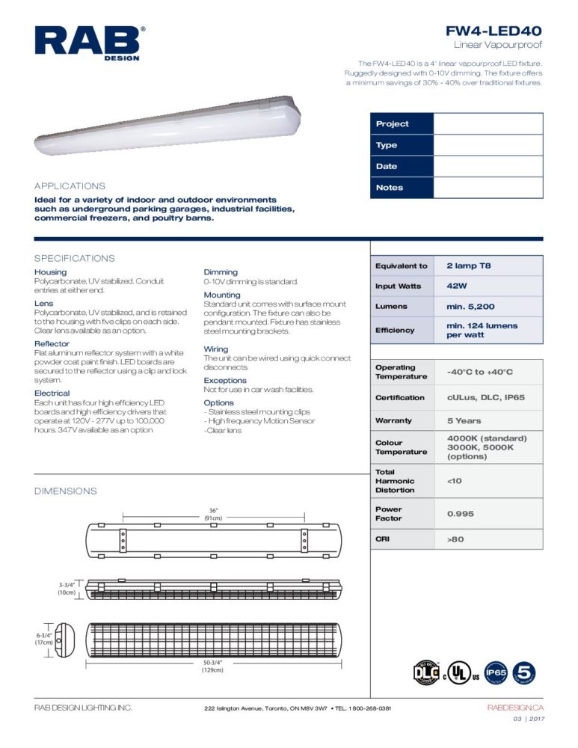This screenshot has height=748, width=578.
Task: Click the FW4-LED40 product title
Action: (x=494, y=31)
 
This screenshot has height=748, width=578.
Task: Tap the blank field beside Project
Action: (x=488, y=124)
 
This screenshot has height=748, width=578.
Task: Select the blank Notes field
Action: (x=488, y=188)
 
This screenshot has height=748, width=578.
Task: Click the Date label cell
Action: (x=402, y=166)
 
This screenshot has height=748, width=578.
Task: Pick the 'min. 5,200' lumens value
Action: (x=470, y=307)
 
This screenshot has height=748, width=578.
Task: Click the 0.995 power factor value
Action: (x=460, y=514)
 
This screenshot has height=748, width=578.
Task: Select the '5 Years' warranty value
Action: (x=464, y=421)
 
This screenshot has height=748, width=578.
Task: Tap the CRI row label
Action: (x=383, y=539)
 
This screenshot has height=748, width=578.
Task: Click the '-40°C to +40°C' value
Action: (x=479, y=372)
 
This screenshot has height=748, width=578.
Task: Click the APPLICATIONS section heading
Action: (x=70, y=186)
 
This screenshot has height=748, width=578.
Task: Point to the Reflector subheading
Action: (x=52, y=344)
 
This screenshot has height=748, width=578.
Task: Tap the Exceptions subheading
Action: (x=225, y=381)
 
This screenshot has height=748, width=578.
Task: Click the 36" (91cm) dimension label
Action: (x=214, y=514)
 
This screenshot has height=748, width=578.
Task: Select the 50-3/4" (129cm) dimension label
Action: (x=214, y=666)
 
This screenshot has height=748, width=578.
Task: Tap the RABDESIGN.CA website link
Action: (x=515, y=708)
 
